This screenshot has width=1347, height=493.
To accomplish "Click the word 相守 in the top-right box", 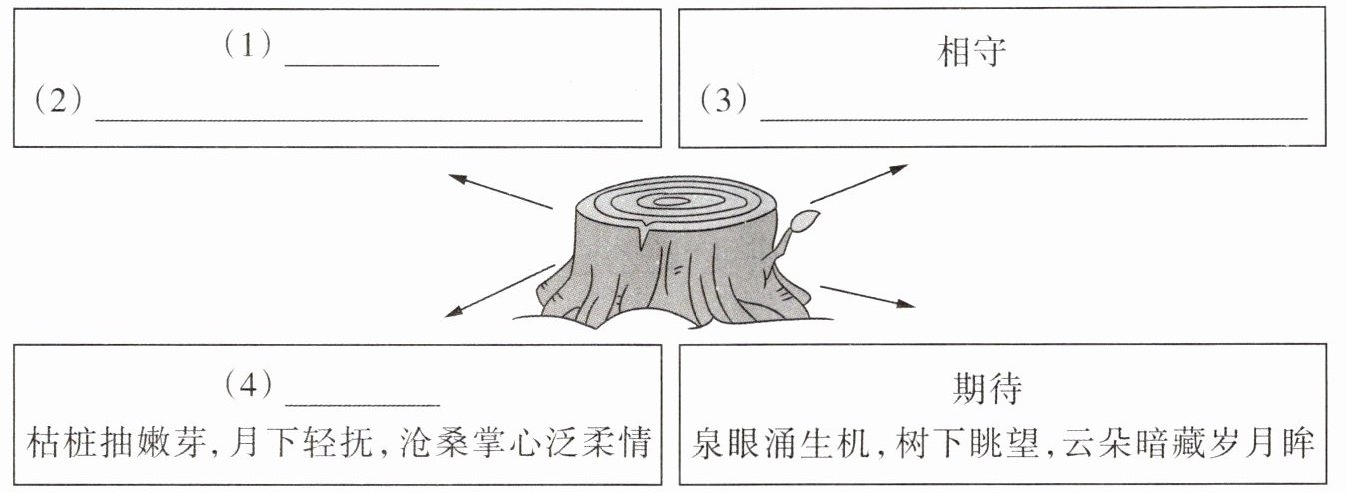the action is [969, 54].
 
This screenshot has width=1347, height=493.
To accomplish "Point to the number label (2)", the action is [56, 101].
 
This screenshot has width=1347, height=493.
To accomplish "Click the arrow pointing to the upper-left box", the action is [499, 191].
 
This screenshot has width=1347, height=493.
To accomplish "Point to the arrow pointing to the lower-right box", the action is [867, 296].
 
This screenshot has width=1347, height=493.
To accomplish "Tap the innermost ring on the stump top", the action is [671, 201].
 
